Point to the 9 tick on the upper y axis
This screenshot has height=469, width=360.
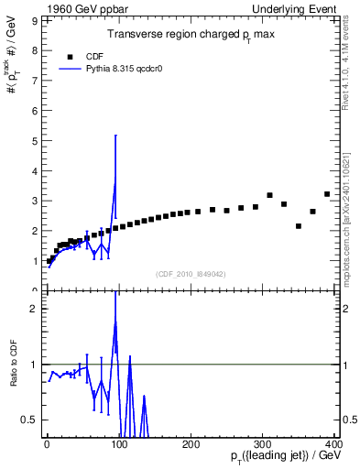[x=34, y=19]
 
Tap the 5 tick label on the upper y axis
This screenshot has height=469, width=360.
[x=34, y=140]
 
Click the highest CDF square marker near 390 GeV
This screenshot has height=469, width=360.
[x=327, y=194]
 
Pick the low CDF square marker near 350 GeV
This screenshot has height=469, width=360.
[x=299, y=226]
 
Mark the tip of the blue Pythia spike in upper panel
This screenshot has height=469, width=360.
[x=115, y=136]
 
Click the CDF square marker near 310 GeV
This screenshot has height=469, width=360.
[x=269, y=195]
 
